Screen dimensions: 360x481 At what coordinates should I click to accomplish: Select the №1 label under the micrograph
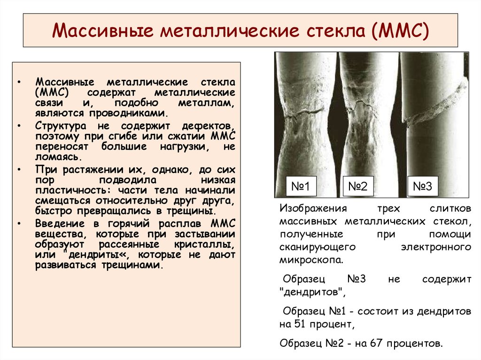click(301, 187)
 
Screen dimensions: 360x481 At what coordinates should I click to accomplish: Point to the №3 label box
click(422, 187)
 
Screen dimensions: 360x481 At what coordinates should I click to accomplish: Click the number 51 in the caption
click(301, 324)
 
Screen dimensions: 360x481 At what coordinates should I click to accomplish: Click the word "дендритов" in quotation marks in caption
click(311, 292)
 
